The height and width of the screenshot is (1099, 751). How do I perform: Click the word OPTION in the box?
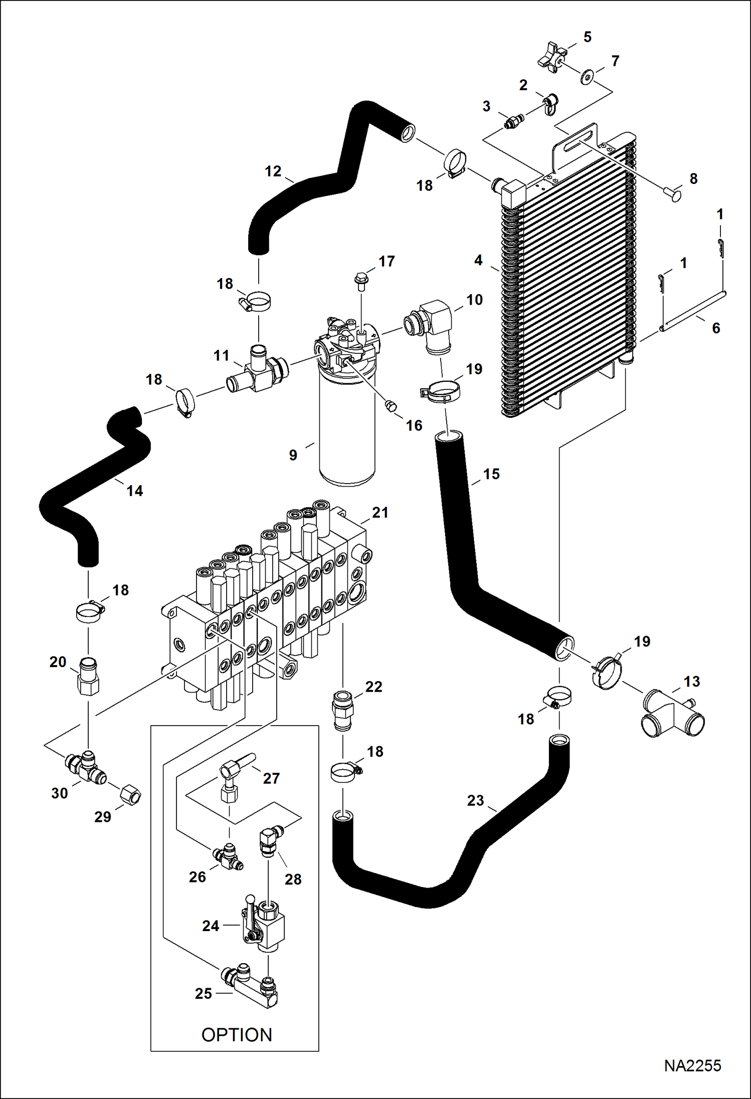point(236,1034)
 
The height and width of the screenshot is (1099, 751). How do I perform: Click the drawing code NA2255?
point(692,1065)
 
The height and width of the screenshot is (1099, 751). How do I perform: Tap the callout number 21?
point(380,512)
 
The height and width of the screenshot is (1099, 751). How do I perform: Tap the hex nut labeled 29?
point(130,795)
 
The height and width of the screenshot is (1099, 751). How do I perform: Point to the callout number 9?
point(293,455)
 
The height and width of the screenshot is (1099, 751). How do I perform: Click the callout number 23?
point(475,800)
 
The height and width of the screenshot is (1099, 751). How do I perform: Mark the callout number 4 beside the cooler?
point(478,260)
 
